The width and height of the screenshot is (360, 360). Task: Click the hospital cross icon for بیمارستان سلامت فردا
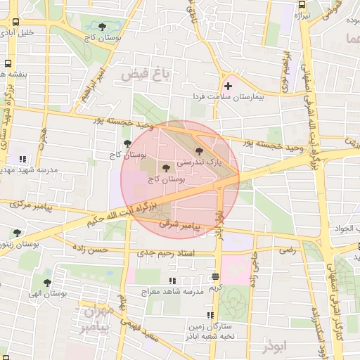pos(228,86)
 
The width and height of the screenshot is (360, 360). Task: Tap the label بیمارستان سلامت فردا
pos(229,96)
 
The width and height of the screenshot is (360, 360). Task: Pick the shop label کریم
pos(215,288)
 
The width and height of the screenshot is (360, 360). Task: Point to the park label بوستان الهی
pos(48,295)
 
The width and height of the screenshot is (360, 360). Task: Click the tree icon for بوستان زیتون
pos(17,233)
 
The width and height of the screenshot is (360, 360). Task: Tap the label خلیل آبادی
pos(18,32)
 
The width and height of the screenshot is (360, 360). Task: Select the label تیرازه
pos(300,15)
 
